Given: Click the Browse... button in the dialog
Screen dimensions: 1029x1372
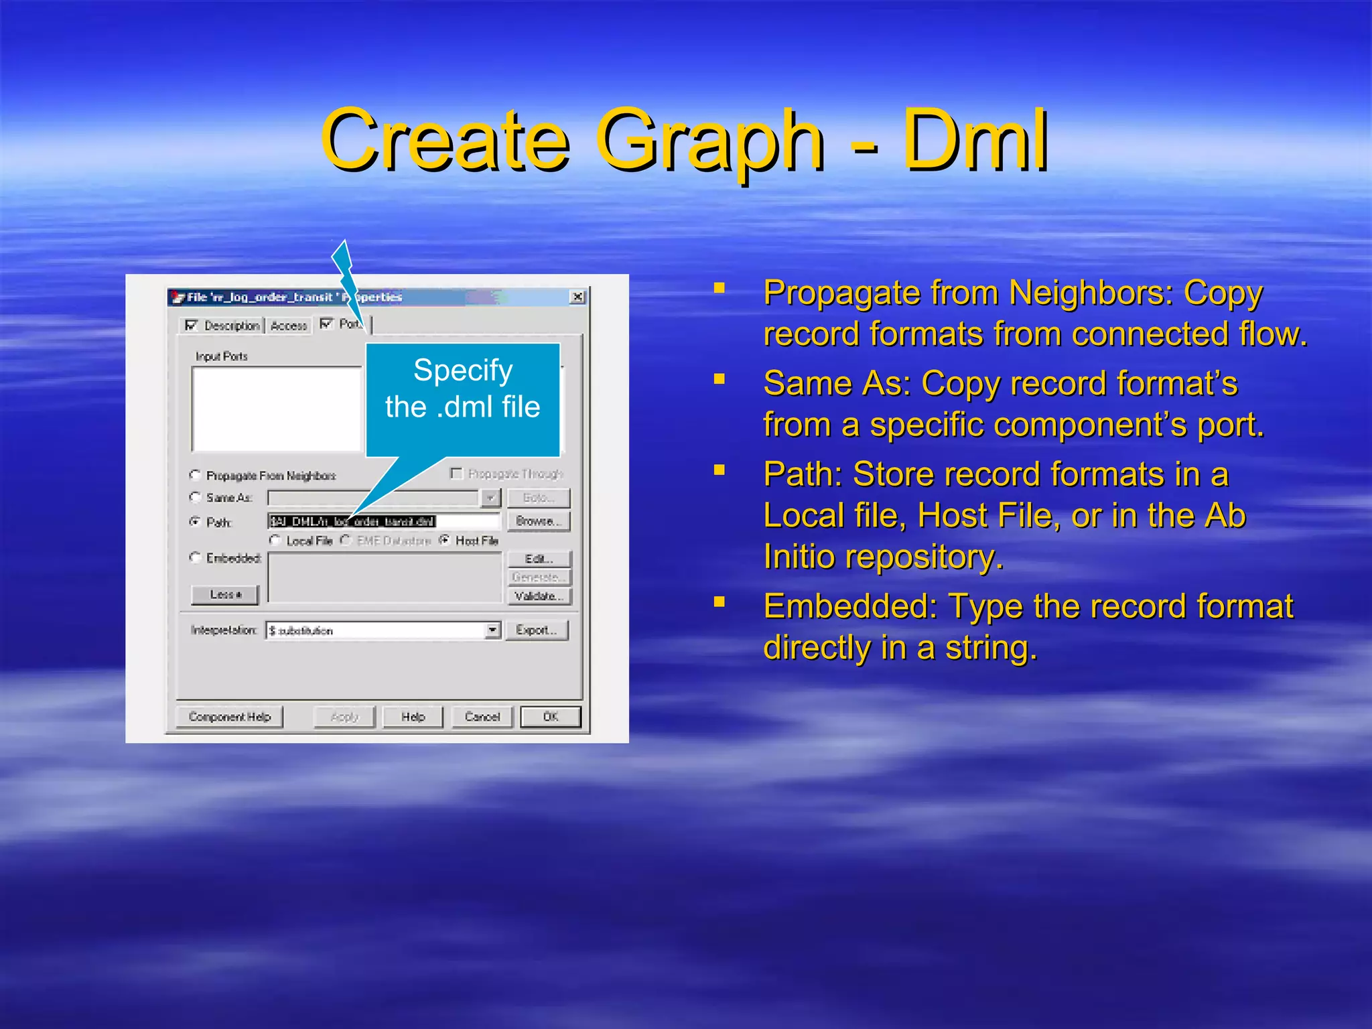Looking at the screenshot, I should (x=538, y=521).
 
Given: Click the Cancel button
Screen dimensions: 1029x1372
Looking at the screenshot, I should (x=482, y=717).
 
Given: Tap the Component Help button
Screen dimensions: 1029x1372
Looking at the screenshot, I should (x=229, y=717).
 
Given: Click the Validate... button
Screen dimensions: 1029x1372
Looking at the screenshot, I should (x=539, y=596).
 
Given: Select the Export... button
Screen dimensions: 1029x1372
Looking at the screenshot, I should (x=536, y=630).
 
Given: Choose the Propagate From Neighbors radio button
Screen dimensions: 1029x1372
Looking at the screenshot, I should (x=196, y=475).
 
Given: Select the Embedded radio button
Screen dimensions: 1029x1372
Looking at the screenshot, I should (x=196, y=557).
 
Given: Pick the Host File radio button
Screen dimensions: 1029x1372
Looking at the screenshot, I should (x=444, y=540).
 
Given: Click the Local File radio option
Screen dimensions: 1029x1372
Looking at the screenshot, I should (x=275, y=540).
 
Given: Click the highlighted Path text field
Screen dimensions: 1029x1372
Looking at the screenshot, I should (x=383, y=521).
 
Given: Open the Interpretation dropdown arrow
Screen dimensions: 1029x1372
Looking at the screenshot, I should (x=493, y=630).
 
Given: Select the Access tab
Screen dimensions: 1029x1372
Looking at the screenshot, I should (x=289, y=326).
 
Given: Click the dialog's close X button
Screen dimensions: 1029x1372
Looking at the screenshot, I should (x=577, y=297).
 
